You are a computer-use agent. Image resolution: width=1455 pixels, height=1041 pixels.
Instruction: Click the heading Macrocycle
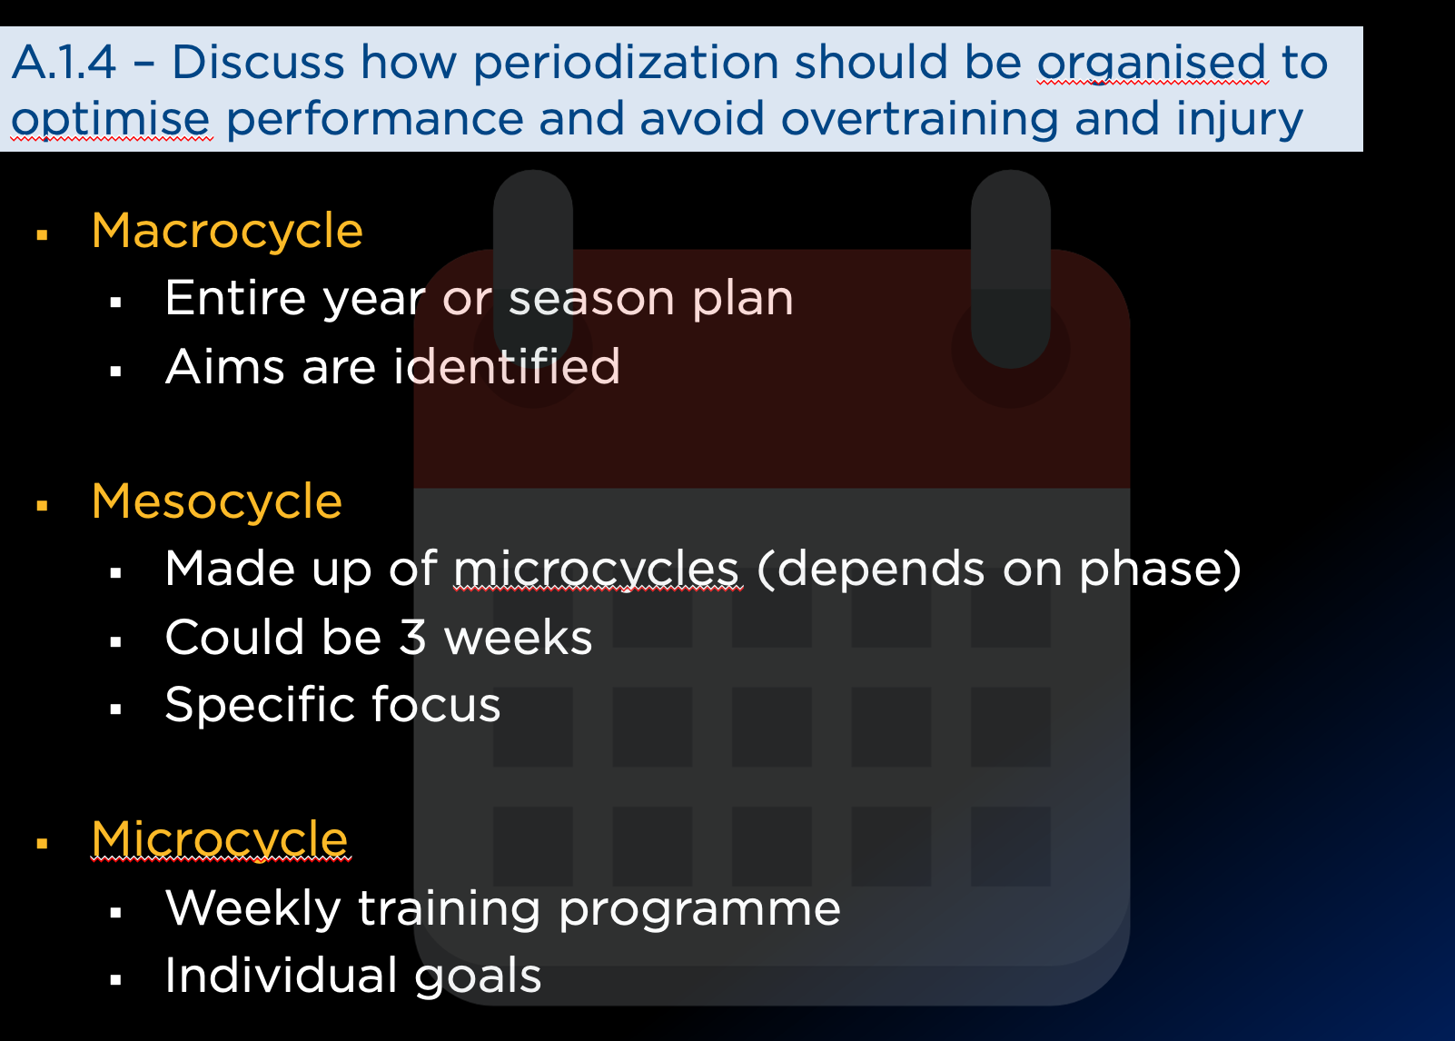click(x=227, y=231)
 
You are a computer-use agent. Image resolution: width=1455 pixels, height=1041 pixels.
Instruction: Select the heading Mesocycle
click(x=217, y=501)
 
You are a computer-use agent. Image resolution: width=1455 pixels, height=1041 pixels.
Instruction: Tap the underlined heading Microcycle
click(x=220, y=839)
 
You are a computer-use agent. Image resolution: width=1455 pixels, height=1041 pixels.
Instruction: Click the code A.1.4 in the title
click(x=64, y=63)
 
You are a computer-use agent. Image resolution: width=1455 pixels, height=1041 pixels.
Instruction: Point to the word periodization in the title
click(x=626, y=64)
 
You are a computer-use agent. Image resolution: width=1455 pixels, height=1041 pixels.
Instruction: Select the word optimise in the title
click(x=111, y=120)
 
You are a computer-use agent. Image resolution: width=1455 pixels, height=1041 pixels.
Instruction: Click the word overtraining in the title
click(x=919, y=120)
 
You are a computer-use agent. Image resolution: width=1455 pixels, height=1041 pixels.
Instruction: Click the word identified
click(x=507, y=366)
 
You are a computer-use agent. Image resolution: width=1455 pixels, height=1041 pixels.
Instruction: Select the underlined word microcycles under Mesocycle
click(x=597, y=570)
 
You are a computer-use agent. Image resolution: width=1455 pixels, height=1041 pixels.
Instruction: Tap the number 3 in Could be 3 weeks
click(x=412, y=637)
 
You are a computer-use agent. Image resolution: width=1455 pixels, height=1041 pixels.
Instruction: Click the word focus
click(x=436, y=704)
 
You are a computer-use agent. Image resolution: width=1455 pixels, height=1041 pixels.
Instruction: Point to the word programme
click(x=699, y=909)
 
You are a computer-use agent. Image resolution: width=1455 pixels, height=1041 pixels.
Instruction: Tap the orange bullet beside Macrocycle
click(x=42, y=234)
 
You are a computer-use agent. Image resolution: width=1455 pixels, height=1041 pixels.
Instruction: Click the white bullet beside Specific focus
click(x=115, y=709)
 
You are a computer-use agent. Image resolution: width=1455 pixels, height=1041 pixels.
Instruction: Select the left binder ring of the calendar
click(x=532, y=268)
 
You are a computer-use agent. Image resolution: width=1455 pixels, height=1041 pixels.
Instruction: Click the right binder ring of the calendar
click(x=1011, y=268)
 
